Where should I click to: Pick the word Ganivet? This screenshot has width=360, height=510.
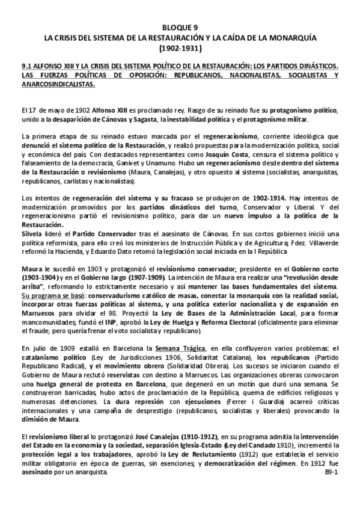[x=138, y=163]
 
